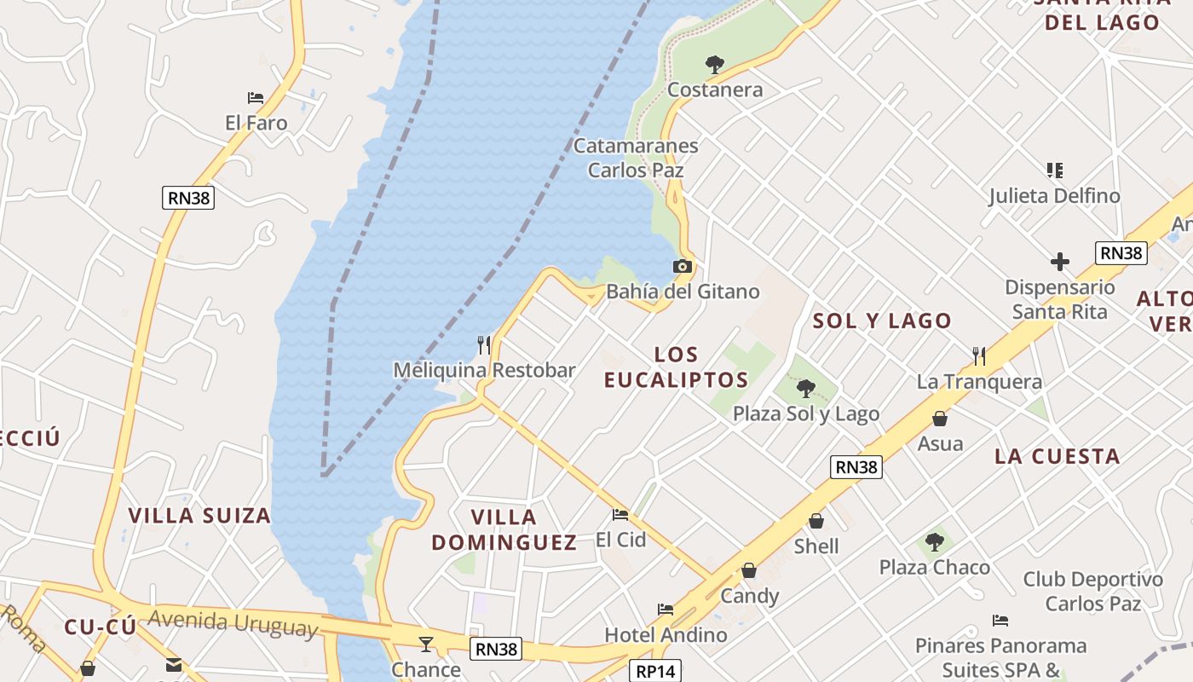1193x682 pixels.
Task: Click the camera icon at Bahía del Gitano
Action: tap(682, 267)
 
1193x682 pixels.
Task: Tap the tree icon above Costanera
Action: tap(714, 64)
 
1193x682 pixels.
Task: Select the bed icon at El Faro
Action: tap(255, 98)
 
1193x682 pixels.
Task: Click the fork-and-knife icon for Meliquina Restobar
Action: tap(484, 345)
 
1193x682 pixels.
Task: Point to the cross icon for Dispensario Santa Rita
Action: tap(1059, 261)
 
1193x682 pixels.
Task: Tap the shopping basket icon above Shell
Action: tap(816, 521)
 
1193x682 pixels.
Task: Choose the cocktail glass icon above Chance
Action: tap(426, 644)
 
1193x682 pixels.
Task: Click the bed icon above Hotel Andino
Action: tap(666, 610)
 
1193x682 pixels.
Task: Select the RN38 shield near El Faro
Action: tap(188, 198)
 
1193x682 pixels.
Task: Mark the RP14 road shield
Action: tap(656, 671)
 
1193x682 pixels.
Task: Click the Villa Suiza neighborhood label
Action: tap(199, 515)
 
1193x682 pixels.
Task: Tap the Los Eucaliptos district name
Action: tap(677, 367)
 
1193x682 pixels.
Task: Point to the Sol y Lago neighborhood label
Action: tap(882, 321)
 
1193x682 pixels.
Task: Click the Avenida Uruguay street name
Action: tap(233, 622)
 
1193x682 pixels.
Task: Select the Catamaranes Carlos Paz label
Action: tap(636, 158)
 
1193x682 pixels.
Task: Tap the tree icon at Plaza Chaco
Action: tap(935, 542)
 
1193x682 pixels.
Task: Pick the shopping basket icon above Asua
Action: tap(939, 419)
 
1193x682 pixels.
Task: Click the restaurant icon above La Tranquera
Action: tap(979, 356)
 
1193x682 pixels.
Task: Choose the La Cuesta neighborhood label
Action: tap(1058, 456)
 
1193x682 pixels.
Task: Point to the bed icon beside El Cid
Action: tap(620, 515)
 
